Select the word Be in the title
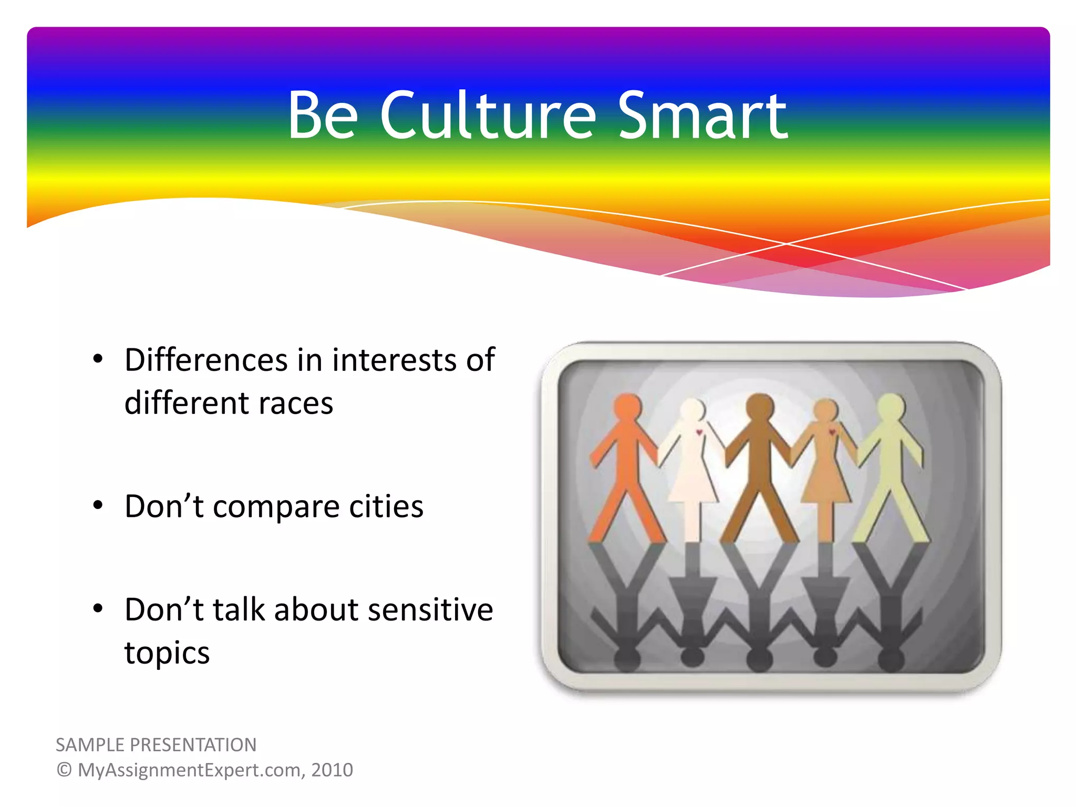coord(323,116)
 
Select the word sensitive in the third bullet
coord(430,609)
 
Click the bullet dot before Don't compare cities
coord(98,505)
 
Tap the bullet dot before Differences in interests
coord(98,359)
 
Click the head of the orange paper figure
coord(627,407)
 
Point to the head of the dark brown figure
coord(760,407)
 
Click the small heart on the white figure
coord(699,432)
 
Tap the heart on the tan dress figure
coord(832,432)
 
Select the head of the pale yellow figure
coord(891,407)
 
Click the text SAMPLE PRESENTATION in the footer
coord(156,745)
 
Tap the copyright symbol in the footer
coord(64,770)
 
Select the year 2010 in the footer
coord(332,770)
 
